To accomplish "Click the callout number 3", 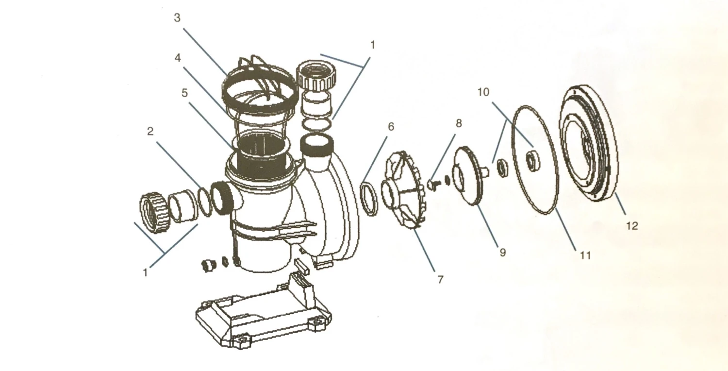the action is [x=177, y=18].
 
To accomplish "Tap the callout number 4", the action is [x=178, y=58].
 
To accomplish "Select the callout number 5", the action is [x=184, y=93].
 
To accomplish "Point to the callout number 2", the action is [x=150, y=132].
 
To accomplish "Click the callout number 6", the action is [x=391, y=127].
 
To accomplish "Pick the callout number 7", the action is [x=440, y=279].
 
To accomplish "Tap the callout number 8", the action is [x=459, y=123].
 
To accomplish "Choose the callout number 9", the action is [x=502, y=253].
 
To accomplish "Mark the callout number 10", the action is [x=483, y=92].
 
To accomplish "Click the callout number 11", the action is [x=585, y=255].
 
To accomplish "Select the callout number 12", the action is [x=632, y=226].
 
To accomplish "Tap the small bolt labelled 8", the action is [x=432, y=185].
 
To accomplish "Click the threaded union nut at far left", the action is [x=155, y=212].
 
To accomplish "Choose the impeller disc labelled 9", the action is [x=468, y=176].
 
